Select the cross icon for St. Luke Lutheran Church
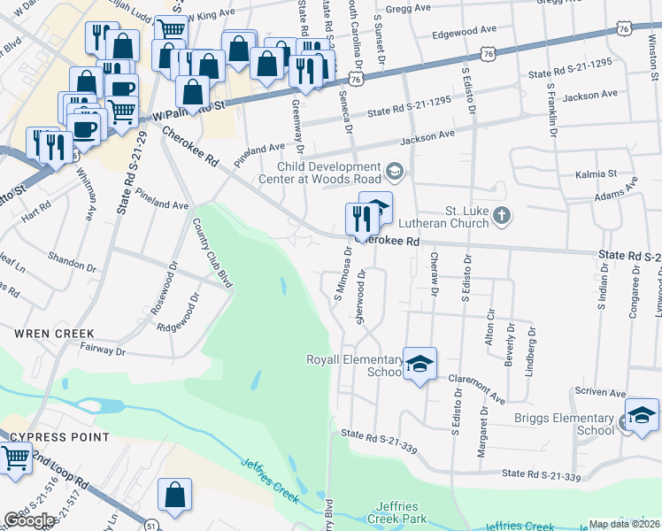[x=502, y=215]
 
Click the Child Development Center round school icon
[x=395, y=170]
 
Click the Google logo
[x=29, y=520]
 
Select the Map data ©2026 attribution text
[x=625, y=524]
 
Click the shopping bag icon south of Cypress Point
[x=175, y=497]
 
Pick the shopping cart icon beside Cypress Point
[x=15, y=459]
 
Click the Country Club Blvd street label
[x=212, y=250]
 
